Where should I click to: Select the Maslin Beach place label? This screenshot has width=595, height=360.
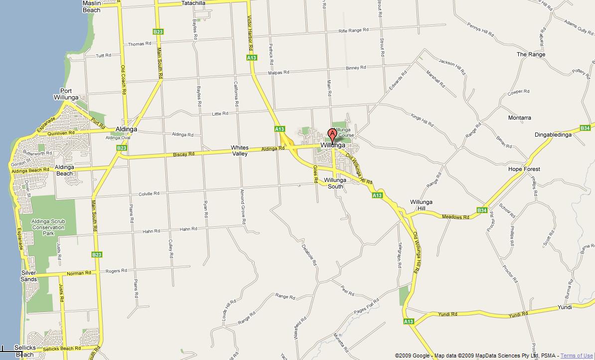click(x=91, y=6)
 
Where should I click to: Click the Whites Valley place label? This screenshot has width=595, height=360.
click(x=240, y=151)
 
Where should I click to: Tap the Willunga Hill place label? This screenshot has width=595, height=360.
click(x=421, y=205)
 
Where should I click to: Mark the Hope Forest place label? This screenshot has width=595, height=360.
click(x=524, y=169)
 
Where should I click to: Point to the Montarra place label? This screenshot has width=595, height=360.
click(x=519, y=118)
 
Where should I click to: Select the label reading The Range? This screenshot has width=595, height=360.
click(x=531, y=54)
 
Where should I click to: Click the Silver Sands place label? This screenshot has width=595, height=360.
click(x=29, y=276)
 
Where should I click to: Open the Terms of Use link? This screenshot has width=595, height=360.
click(x=577, y=356)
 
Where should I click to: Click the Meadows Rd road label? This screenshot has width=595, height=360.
click(x=455, y=217)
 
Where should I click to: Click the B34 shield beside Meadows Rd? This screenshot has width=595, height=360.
click(x=481, y=210)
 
